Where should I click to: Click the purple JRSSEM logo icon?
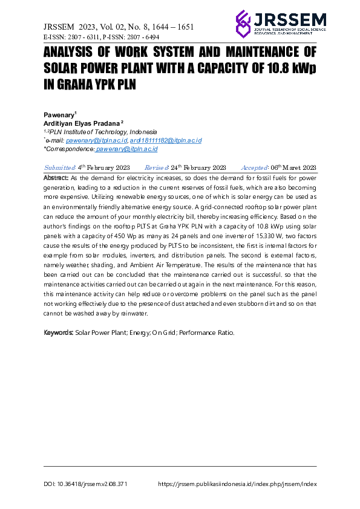(243, 23)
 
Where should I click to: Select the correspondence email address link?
(126, 148)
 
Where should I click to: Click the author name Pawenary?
(59, 114)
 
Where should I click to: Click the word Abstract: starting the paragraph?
(57, 178)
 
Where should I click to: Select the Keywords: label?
(59, 332)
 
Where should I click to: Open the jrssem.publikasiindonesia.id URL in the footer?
(237, 484)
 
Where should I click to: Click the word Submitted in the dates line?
(59, 167)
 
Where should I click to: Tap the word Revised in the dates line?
(157, 167)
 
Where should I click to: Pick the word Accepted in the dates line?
(254, 167)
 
